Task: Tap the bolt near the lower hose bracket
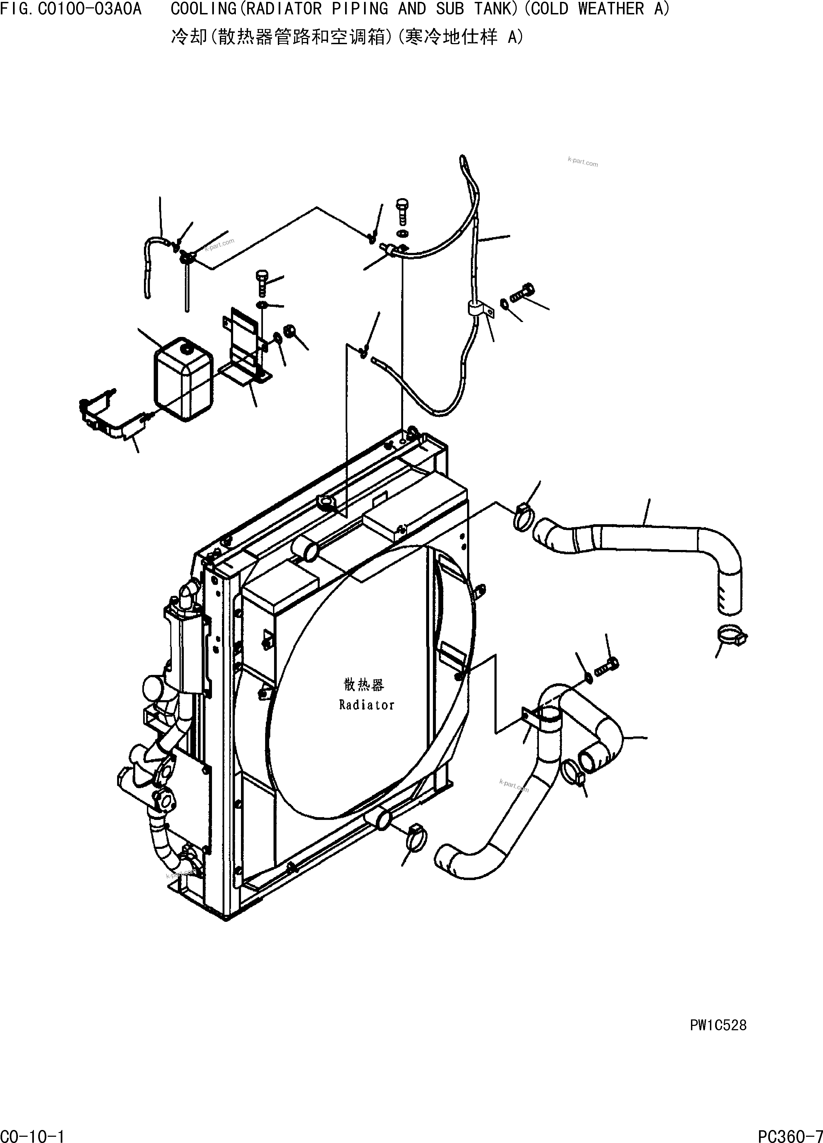pos(607,668)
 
